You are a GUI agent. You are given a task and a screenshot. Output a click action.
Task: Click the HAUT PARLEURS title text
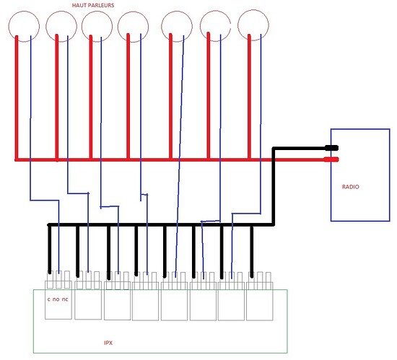pyautogui.click(x=93, y=5)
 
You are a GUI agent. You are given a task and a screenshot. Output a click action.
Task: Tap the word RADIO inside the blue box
pyautogui.click(x=350, y=187)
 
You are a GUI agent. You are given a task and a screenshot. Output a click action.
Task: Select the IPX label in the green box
pyautogui.click(x=108, y=343)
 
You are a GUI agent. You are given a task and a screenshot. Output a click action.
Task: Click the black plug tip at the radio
pyautogui.click(x=332, y=148)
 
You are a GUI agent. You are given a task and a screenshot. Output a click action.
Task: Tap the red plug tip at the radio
pyautogui.click(x=331, y=159)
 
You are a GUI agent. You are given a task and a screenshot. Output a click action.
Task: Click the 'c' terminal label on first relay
pyautogui.click(x=48, y=299)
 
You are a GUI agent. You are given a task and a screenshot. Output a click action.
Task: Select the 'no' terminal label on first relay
pyautogui.click(x=56, y=299)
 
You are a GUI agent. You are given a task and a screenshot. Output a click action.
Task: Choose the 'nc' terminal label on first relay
pyautogui.click(x=65, y=299)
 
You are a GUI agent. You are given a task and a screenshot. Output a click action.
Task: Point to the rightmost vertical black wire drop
pyautogui.click(x=252, y=252)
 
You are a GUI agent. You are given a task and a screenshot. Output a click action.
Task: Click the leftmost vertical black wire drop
pyautogui.click(x=50, y=249)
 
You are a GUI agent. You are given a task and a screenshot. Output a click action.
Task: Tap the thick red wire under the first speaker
pyautogui.click(x=17, y=97)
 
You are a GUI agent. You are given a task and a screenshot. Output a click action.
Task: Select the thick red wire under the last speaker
pyautogui.click(x=249, y=97)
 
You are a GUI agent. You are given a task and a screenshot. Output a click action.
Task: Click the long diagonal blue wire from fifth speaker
pyautogui.click(x=179, y=154)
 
